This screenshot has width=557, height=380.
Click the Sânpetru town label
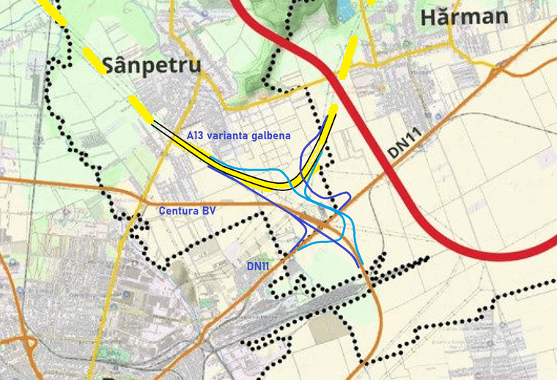click(x=152, y=65)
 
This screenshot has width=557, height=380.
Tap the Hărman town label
click(x=465, y=17)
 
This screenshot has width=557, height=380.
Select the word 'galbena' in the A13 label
click(x=270, y=135)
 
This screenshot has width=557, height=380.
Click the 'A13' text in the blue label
click(x=195, y=135)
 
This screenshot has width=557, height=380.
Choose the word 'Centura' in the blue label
click(x=177, y=211)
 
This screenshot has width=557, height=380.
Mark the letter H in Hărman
click(x=429, y=17)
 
